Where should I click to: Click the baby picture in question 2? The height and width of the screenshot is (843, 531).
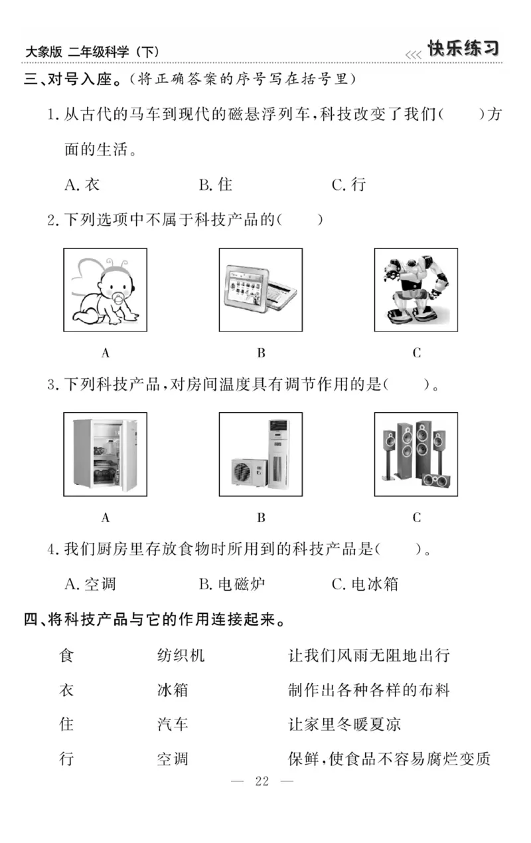click(x=105, y=290)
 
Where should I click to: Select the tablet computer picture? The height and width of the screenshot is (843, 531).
click(x=260, y=290)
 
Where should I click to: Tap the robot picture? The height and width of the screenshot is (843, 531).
click(x=416, y=290)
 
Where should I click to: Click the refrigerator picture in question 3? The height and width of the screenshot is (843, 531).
click(x=105, y=454)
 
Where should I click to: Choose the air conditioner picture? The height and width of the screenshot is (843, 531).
click(x=260, y=454)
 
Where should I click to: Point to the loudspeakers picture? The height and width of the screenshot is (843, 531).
click(x=416, y=454)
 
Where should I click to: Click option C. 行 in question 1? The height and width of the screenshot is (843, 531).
click(x=348, y=185)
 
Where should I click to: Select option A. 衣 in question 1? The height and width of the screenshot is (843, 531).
click(x=82, y=185)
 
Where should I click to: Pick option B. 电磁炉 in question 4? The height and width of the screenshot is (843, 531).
click(x=232, y=584)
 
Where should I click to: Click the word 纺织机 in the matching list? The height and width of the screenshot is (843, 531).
click(x=181, y=656)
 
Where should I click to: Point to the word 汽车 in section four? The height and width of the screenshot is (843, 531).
click(x=173, y=723)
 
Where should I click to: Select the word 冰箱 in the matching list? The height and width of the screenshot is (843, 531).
click(x=173, y=690)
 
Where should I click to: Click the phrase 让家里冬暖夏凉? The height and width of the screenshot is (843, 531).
click(x=344, y=723)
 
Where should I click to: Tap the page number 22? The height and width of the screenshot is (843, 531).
click(x=262, y=781)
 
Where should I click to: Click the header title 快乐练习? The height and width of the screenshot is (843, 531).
click(x=463, y=49)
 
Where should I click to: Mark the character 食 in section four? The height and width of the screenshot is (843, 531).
click(x=66, y=656)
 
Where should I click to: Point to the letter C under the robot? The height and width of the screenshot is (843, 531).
click(x=416, y=353)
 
